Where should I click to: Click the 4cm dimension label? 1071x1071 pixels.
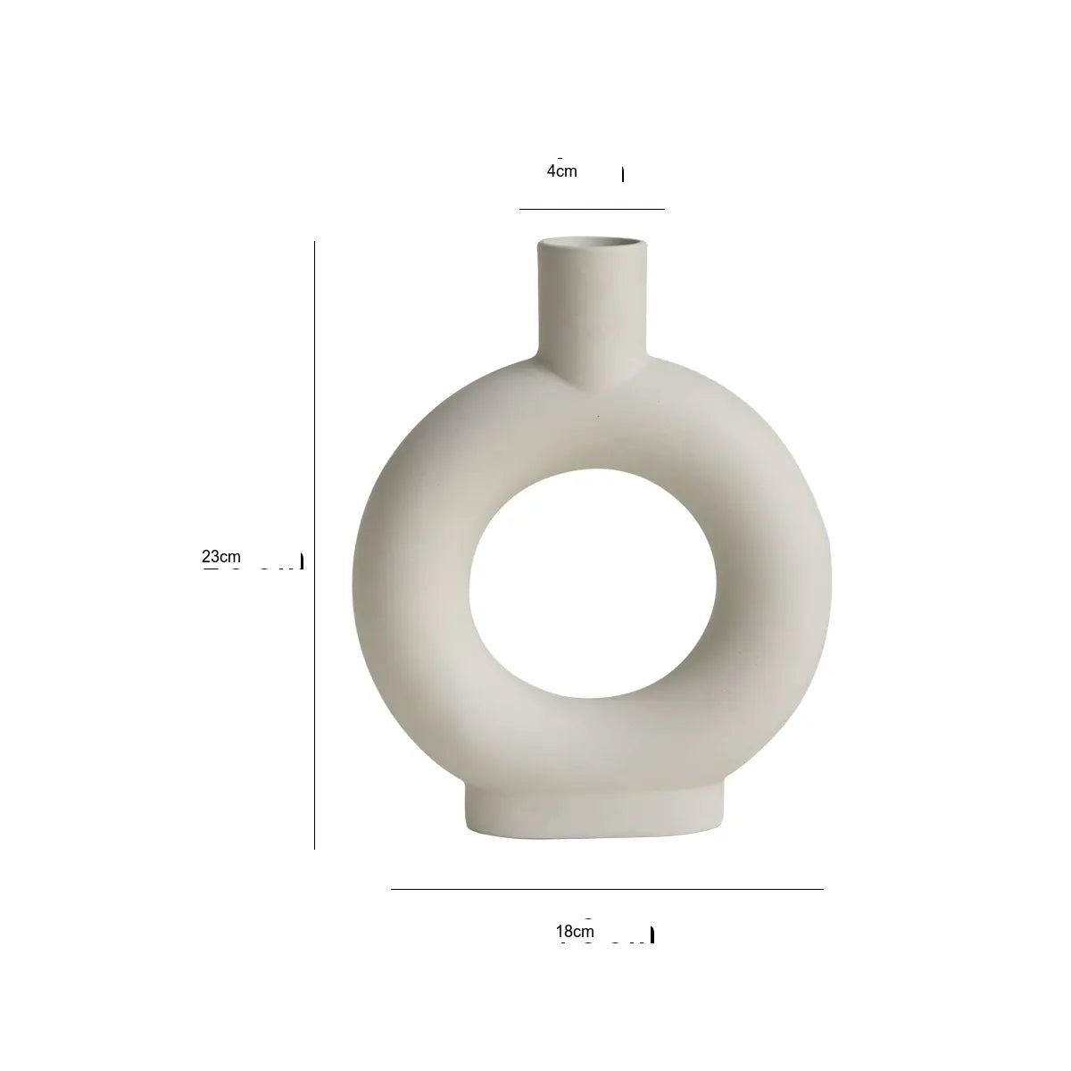click(562, 171)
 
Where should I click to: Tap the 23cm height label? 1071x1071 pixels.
click(221, 556)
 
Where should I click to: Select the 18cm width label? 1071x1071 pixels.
click(576, 932)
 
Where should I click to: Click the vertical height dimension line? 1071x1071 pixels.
click(314, 545)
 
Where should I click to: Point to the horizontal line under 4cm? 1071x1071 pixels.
click(592, 209)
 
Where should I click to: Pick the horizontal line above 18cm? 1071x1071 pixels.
click(607, 889)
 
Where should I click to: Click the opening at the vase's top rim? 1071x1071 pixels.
click(593, 243)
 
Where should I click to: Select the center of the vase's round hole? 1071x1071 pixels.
click(593, 584)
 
